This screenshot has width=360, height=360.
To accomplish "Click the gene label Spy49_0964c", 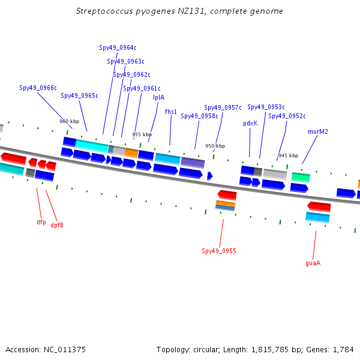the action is pos(118,47).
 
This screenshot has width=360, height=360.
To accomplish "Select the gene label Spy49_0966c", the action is pos(38,88).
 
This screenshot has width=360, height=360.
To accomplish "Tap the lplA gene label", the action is pos(158,97).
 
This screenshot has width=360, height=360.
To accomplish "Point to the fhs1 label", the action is pos(171,112).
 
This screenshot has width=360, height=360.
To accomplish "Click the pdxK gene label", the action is pos(250,123).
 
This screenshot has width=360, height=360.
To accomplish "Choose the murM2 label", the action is pos(318,131).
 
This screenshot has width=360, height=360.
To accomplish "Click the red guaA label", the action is pos(313,263).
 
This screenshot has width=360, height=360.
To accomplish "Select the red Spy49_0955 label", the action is pos(219,251).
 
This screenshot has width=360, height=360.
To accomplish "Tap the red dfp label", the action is pos(41,222).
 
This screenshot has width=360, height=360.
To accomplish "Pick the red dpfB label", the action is pos(57,225).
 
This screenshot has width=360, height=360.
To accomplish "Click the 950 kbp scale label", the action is pos(215,146).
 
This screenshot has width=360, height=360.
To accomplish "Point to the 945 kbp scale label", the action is pos(289,155).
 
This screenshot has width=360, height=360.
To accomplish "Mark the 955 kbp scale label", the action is pos(142,134).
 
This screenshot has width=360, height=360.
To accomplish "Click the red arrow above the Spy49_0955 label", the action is pos(227,195).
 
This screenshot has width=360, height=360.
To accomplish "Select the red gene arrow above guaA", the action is pos(319,206).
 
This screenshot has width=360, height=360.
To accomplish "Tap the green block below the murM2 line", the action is pos(301,177).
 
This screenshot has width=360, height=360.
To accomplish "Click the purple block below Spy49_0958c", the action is pos(193,163).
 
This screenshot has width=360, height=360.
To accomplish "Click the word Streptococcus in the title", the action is pos(104,11).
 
